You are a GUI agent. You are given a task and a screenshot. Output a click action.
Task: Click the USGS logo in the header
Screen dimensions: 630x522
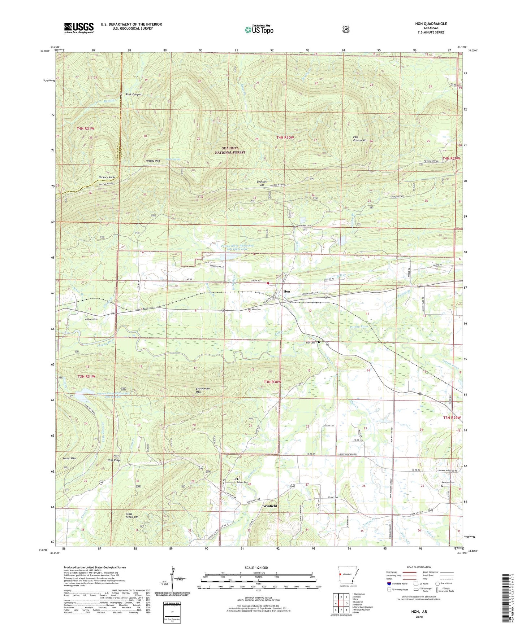(x=79, y=28)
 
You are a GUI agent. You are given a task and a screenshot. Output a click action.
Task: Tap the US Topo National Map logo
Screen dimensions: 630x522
(x=259, y=29)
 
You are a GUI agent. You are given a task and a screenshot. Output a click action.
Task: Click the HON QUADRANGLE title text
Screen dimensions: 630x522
(x=431, y=24)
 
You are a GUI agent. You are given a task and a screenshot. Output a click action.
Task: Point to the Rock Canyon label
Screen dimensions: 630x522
(x=133, y=95)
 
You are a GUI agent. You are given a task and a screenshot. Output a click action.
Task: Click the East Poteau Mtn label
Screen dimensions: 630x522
(x=360, y=139)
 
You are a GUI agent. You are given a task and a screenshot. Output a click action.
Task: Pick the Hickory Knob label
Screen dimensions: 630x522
(x=107, y=178)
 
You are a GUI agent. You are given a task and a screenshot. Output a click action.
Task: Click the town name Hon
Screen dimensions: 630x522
(x=286, y=291)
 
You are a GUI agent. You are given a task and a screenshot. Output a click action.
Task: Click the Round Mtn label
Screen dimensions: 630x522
(x=69, y=458)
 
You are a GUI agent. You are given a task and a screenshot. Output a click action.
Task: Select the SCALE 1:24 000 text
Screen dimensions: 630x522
(x=256, y=568)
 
